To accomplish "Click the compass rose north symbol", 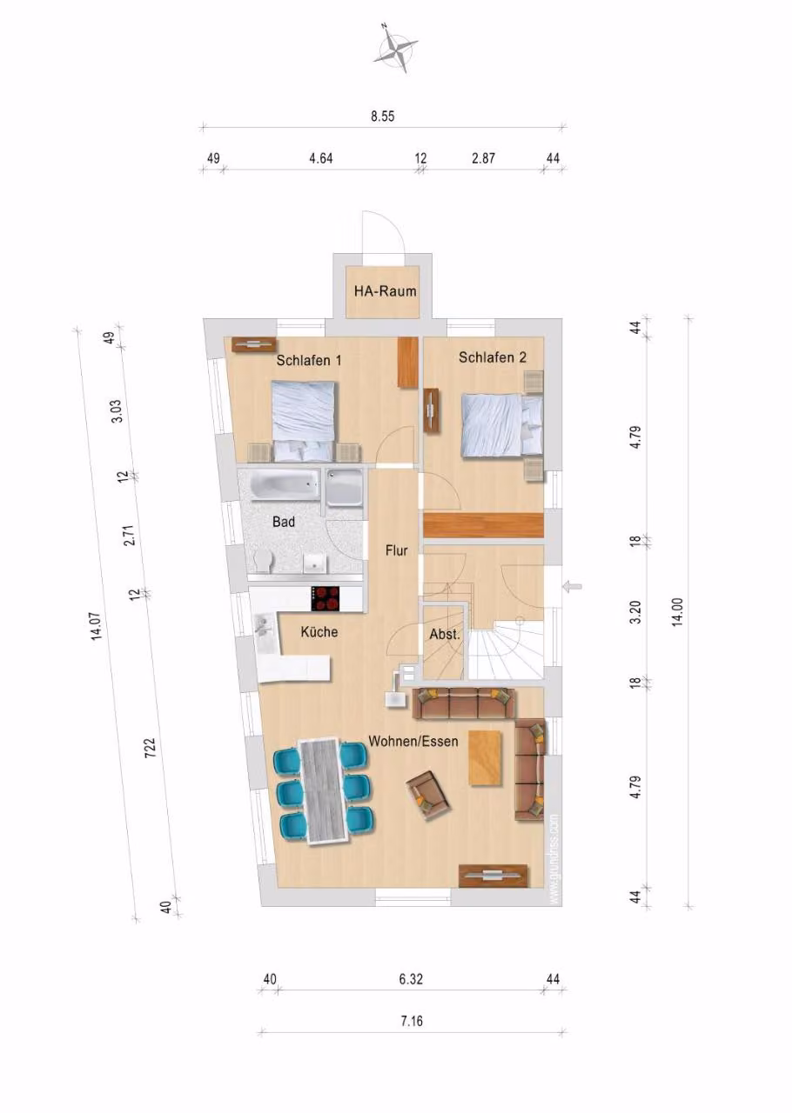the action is (x=395, y=50).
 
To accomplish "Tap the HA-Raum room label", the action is (x=385, y=291).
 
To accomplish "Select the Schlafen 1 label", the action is (x=309, y=360).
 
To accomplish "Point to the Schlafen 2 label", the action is (x=493, y=357).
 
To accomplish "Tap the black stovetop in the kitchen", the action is (x=326, y=599).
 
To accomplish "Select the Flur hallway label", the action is (x=397, y=550).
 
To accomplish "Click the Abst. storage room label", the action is (x=445, y=635).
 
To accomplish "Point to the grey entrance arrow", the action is (x=572, y=587).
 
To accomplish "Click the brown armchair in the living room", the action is (x=428, y=797).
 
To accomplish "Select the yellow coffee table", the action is (x=485, y=758).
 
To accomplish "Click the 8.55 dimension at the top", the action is (x=383, y=117).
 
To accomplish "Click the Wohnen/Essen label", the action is (x=413, y=742).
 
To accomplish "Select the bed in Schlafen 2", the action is (x=502, y=423).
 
